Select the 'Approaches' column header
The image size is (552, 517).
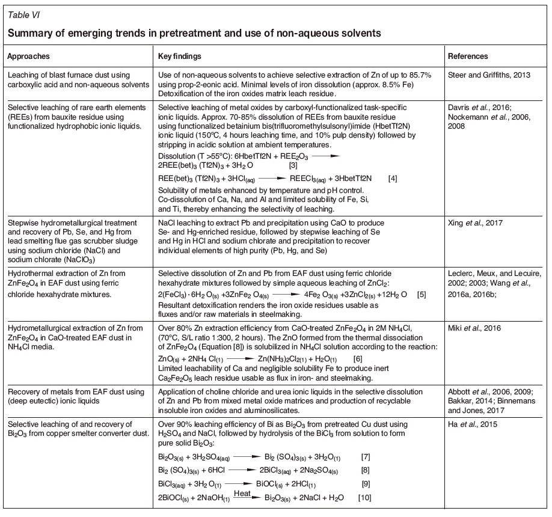[x=28, y=56]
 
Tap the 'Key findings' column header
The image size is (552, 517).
[x=179, y=56]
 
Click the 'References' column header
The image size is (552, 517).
[x=468, y=56]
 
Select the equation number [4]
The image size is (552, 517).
[x=394, y=179]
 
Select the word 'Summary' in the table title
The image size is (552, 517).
[x=29, y=33]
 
